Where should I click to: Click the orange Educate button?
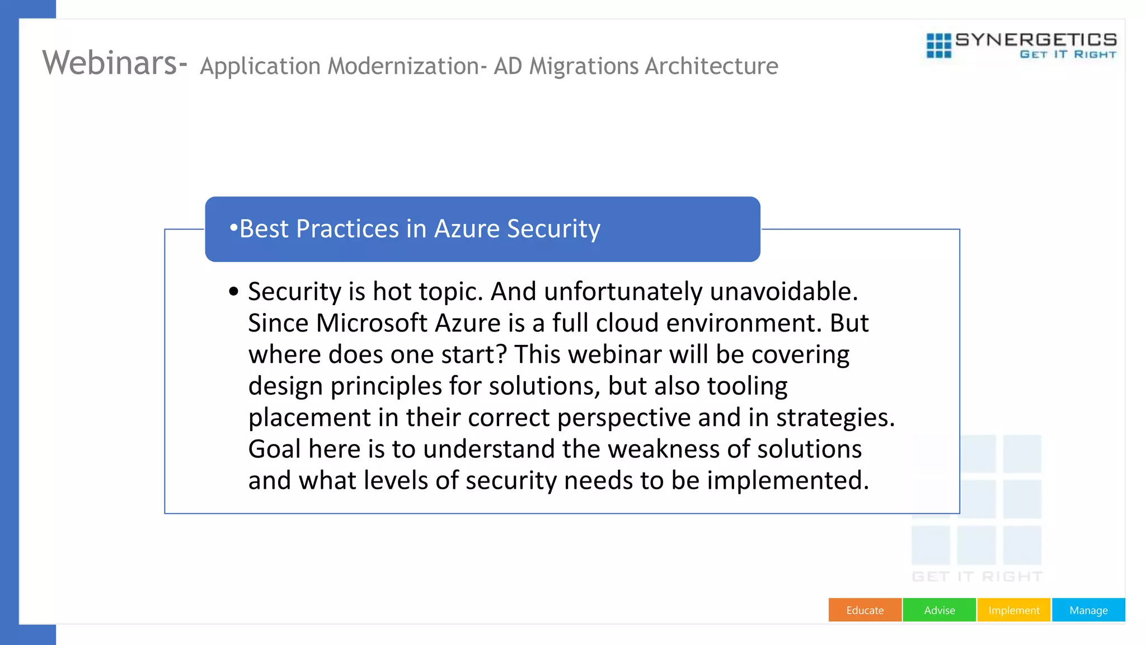coord(865,610)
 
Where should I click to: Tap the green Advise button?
coord(939,610)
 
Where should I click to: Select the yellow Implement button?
coord(1013,610)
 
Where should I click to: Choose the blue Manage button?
coord(1088,610)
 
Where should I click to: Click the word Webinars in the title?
coord(110,63)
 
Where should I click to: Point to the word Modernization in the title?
coord(403,67)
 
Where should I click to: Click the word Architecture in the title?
coord(711,67)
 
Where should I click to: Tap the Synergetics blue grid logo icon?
coord(938,45)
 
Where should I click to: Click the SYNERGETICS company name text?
coord(1036,40)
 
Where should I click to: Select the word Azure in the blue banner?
coord(467,229)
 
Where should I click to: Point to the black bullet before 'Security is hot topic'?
coord(234,291)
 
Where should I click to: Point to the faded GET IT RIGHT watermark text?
coord(977,577)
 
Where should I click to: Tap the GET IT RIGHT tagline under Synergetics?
coord(1068,54)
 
